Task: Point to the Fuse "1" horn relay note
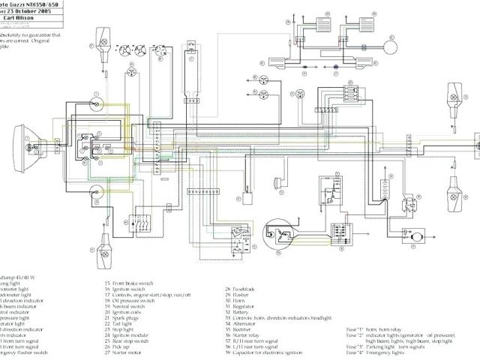tap(375, 328)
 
